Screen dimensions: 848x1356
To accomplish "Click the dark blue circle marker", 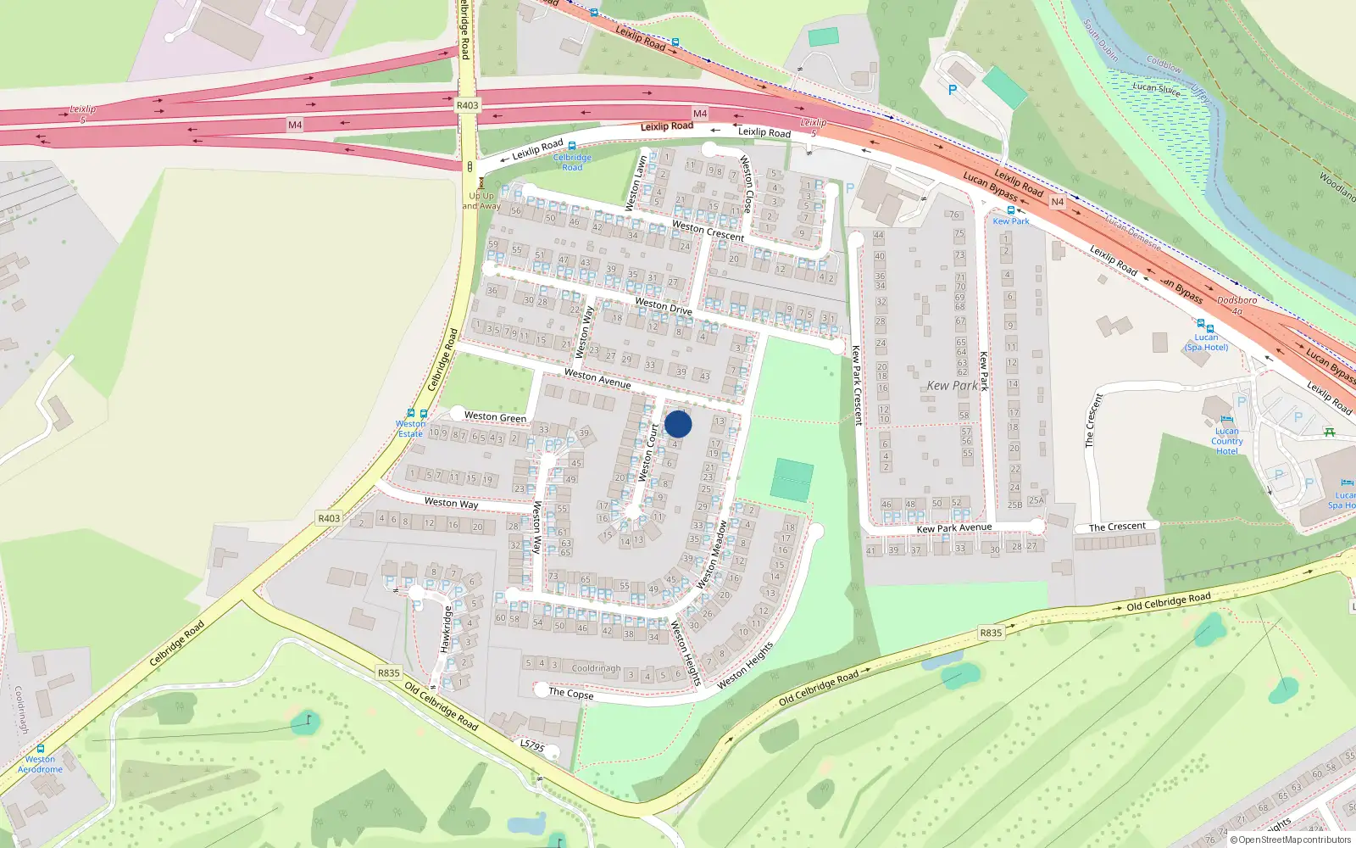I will (x=678, y=424).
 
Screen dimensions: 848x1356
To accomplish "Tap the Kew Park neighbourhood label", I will (x=952, y=386).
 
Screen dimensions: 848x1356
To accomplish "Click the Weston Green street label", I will (x=495, y=416).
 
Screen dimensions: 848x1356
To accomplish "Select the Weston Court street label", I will (x=648, y=453).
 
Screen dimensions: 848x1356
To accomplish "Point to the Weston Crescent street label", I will (x=708, y=231).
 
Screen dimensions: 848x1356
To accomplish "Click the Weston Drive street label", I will (x=663, y=306).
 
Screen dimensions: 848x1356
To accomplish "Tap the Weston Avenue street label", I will (x=597, y=378).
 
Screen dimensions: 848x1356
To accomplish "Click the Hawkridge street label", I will (x=445, y=628).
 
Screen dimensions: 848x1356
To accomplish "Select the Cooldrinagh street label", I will (x=596, y=668).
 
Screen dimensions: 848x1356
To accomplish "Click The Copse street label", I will (x=570, y=693).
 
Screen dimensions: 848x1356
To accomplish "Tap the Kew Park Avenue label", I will (x=953, y=528).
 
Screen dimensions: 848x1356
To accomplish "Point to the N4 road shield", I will (x=1057, y=202).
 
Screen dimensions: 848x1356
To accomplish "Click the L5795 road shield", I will (x=531, y=745).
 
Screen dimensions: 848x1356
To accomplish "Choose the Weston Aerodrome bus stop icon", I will (x=40, y=749).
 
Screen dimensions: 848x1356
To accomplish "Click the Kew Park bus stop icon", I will (x=1010, y=210).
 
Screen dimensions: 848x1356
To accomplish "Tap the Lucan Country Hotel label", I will (x=1226, y=441).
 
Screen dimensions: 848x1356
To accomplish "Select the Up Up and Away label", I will (x=481, y=201).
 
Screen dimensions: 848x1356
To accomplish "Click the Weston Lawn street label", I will (x=636, y=182).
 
